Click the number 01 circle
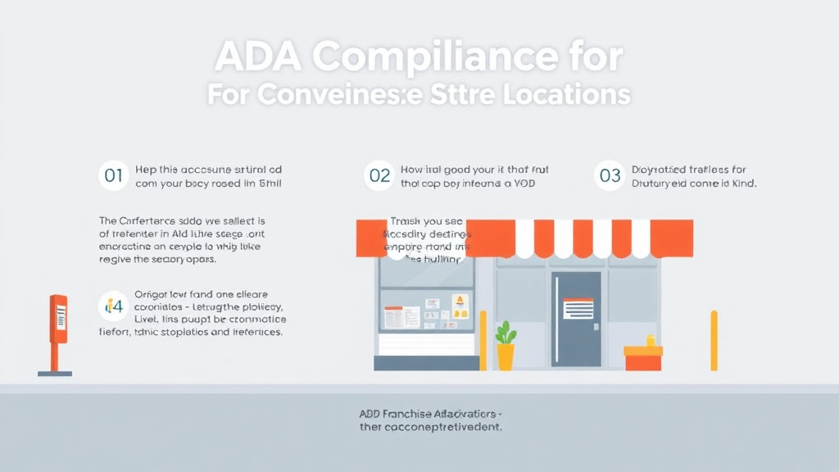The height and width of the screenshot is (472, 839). (x=114, y=175)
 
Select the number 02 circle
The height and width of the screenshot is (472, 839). (x=379, y=175)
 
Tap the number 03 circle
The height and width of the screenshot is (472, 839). (x=610, y=175)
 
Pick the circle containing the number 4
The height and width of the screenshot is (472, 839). (x=114, y=306)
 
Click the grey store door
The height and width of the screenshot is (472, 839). (x=576, y=319)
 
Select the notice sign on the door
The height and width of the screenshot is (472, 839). (x=578, y=308)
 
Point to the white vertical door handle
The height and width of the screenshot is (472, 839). (x=557, y=315)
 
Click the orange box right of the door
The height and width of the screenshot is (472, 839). (x=643, y=357)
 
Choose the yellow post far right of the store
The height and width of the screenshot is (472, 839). (x=714, y=340)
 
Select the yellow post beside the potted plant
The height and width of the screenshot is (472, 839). (x=483, y=340)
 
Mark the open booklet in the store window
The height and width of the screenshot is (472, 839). (x=402, y=317)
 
